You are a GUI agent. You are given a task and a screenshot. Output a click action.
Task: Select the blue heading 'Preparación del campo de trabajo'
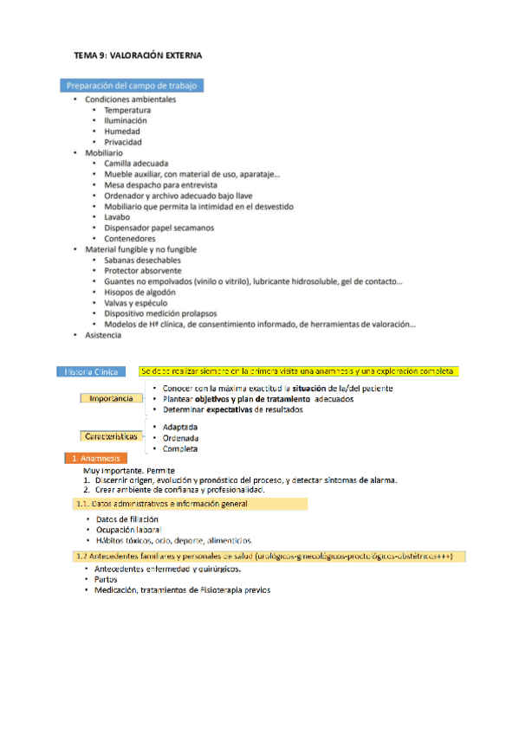pyautogui.click(x=133, y=86)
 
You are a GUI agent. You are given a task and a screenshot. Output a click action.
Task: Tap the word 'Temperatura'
pyautogui.click(x=127, y=110)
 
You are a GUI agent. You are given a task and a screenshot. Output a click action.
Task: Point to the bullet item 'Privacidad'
pyautogui.click(x=123, y=142)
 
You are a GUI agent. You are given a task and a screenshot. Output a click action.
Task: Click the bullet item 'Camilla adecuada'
pyautogui.click(x=136, y=163)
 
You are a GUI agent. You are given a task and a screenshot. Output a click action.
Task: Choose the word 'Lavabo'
pyautogui.click(x=119, y=217)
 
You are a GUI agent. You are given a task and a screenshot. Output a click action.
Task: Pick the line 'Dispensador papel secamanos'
pyautogui.click(x=159, y=228)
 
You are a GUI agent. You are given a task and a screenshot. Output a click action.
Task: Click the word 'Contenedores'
pyautogui.click(x=130, y=238)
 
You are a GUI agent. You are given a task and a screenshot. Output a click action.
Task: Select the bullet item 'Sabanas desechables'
pyautogui.click(x=143, y=260)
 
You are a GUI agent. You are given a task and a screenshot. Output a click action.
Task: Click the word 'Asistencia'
pyautogui.click(x=103, y=334)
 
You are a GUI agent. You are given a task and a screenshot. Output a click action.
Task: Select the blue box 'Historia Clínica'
pyautogui.click(x=96, y=371)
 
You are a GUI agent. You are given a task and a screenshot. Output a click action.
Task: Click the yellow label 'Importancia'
pyautogui.click(x=112, y=398)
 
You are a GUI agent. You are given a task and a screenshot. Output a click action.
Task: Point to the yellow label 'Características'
pyautogui.click(x=112, y=437)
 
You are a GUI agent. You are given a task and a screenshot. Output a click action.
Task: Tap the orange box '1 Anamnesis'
pyautogui.click(x=94, y=458)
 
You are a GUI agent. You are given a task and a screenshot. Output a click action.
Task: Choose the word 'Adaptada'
pyautogui.click(x=180, y=428)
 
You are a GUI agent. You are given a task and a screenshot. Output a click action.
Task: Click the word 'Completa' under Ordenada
pyautogui.click(x=180, y=448)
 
